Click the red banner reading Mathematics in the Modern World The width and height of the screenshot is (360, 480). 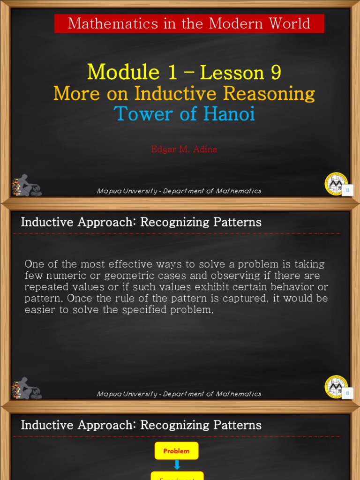(189, 23)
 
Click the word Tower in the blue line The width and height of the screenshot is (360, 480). (139, 114)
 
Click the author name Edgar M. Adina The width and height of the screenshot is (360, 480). (184, 150)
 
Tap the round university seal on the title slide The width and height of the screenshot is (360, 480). (336, 183)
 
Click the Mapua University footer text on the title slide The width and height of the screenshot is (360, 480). (179, 191)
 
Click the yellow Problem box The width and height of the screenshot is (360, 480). (176, 451)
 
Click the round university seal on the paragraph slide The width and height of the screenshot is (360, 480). (336, 387)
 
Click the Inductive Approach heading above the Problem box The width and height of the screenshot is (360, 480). (141, 425)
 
